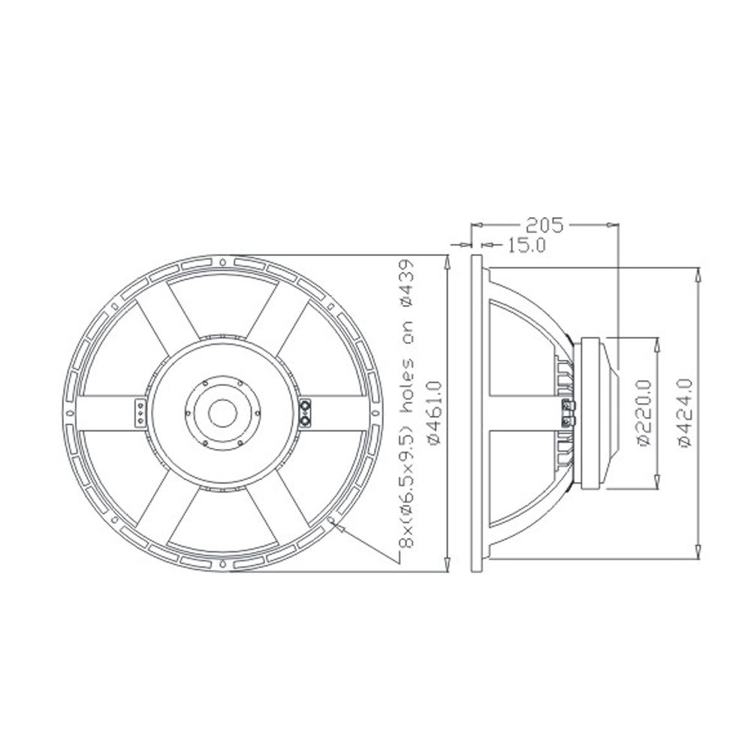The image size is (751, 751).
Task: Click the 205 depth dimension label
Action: click(545, 225)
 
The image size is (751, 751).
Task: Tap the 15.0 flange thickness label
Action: click(526, 246)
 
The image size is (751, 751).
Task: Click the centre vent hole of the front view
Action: click(223, 413)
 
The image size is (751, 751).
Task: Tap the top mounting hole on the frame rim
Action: click(223, 262)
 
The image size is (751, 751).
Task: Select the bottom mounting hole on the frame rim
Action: click(223, 563)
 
